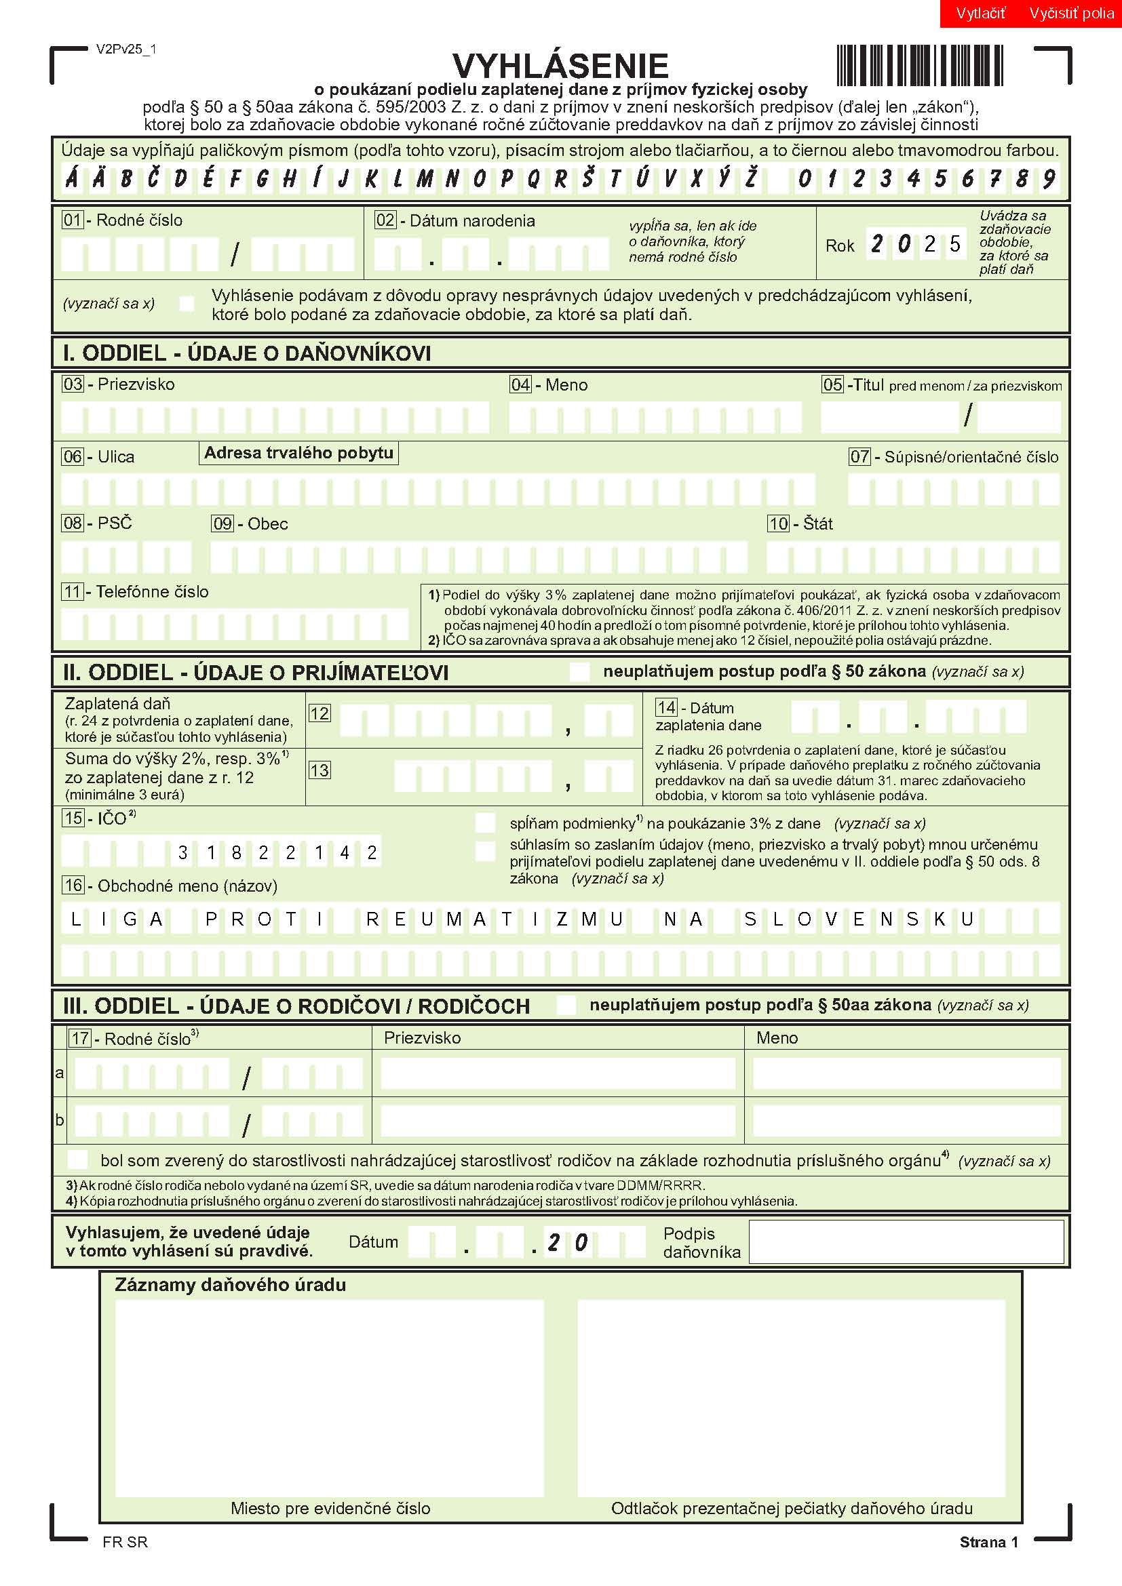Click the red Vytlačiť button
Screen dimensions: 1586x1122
pos(980,13)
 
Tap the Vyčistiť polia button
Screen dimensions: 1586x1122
pos(1071,13)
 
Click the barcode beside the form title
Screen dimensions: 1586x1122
pos(920,66)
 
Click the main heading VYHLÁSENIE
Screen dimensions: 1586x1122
pos(560,66)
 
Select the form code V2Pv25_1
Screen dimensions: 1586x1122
pos(126,49)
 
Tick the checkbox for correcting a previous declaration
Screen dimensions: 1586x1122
pos(187,303)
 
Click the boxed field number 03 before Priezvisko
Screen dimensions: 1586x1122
pos(73,384)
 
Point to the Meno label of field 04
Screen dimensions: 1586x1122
pos(566,384)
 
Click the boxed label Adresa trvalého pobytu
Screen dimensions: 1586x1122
pos(298,453)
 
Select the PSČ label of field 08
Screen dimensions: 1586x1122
pos(115,523)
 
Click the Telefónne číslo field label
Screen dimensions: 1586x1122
pos(152,591)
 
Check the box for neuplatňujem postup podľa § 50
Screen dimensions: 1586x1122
pos(579,671)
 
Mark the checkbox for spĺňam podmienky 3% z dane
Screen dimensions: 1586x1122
pos(485,822)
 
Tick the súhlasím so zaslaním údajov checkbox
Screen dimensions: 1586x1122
pos(485,851)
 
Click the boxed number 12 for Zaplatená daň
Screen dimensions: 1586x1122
pos(320,713)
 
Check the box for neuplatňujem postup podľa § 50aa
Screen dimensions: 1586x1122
pos(566,1005)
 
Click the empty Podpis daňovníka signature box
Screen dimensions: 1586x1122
pos(906,1242)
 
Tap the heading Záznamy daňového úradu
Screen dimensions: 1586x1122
pos(230,1285)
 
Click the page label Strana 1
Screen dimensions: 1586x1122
pos(988,1542)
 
